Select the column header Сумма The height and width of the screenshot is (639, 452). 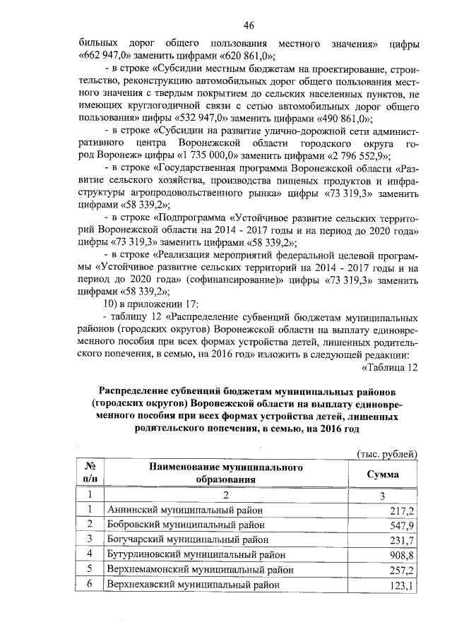382,474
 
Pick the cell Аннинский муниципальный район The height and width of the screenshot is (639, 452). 185,510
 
